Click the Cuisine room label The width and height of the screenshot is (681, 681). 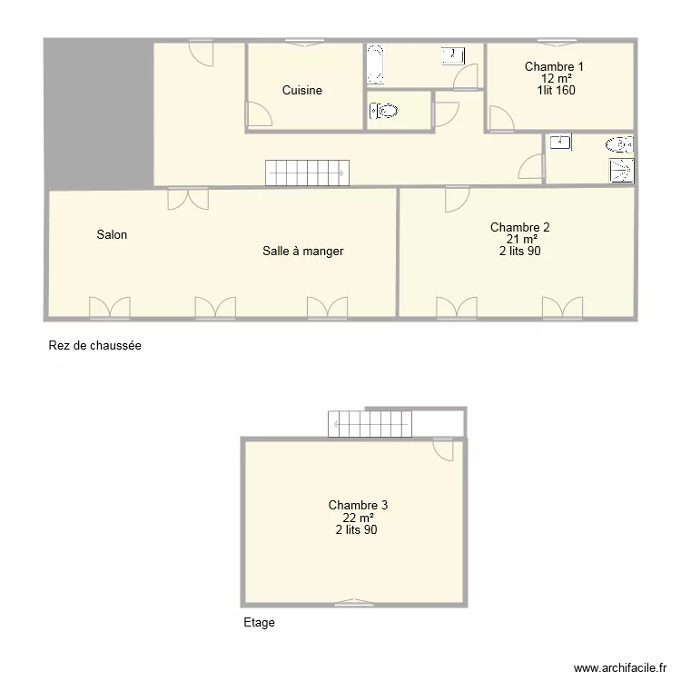301,91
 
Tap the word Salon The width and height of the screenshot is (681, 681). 112,235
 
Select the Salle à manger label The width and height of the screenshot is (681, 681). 302,252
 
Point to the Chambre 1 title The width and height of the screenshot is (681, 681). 554,66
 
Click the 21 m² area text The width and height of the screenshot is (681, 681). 519,240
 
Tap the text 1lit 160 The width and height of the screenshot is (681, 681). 555,90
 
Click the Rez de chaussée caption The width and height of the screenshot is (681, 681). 94,346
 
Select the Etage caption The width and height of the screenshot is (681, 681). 259,623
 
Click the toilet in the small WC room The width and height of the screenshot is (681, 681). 384,111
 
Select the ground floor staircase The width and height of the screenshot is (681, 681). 305,173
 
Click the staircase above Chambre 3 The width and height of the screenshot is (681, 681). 370,423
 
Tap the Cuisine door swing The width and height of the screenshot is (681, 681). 259,113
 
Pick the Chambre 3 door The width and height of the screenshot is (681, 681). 444,450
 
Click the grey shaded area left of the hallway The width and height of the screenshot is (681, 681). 98,113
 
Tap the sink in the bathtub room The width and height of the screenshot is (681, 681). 450,56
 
